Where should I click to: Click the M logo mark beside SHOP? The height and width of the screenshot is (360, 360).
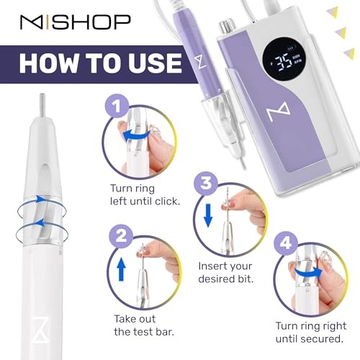pos(32,23)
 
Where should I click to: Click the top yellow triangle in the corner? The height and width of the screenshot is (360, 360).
pos(333,10)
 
